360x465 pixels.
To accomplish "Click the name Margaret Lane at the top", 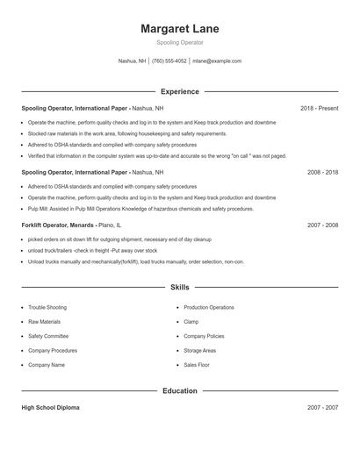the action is tap(180, 29).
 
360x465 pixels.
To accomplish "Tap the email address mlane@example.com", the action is tap(217, 61).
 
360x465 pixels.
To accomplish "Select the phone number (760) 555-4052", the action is tap(169, 61).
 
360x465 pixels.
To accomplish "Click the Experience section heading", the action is tap(180, 91).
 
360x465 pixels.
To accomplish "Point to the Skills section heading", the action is tap(180, 287).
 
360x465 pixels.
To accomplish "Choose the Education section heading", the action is tap(180, 390).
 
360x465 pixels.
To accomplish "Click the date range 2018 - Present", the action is tap(319, 108).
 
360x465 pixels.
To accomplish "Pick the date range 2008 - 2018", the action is tap(322, 172).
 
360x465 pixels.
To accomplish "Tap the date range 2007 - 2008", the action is tap(322, 225).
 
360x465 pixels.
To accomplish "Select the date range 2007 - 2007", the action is tap(322, 408).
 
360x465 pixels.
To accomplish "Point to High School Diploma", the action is tap(49, 408).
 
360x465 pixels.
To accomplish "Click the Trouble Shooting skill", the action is tap(47, 308).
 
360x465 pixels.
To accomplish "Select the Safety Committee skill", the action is tap(47, 336).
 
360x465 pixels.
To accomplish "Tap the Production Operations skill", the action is tap(209, 308).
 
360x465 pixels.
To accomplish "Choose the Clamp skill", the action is tap(191, 322).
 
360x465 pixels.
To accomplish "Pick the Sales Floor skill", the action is tap(197, 364).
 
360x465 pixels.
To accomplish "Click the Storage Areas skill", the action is tap(200, 350).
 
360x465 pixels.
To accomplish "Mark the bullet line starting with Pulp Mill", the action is tap(140, 209).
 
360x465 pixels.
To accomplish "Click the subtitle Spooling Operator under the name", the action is tap(180, 42).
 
